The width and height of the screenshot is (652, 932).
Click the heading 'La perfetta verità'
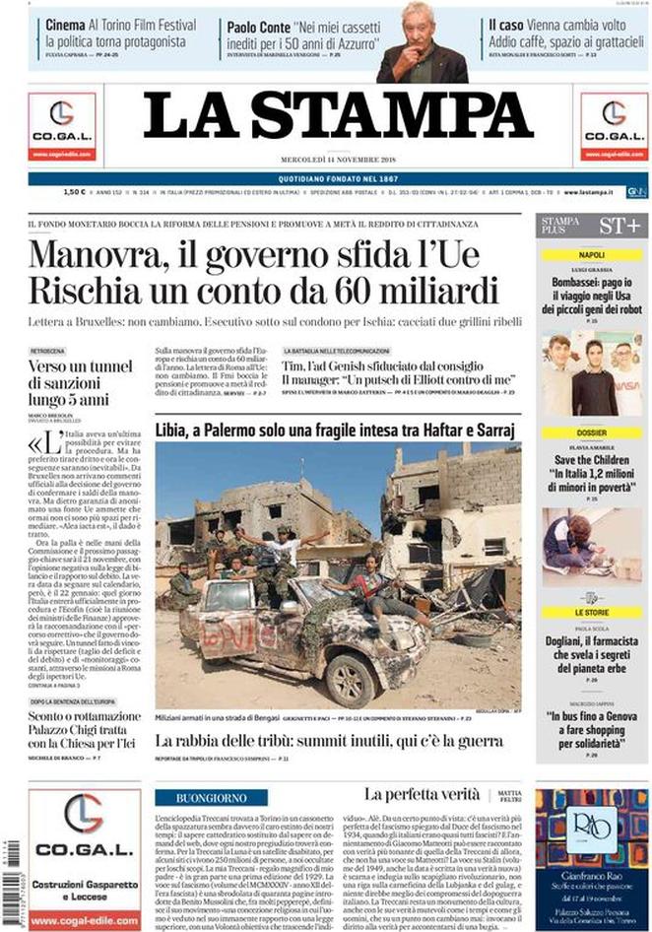click(421, 794)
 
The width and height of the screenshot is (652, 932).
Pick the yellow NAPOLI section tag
click(592, 254)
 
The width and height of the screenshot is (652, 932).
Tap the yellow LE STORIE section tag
click(592, 612)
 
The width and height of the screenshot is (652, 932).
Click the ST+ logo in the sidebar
click(620, 227)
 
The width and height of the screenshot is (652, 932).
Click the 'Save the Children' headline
click(592, 458)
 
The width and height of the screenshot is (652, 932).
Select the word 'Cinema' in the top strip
click(65, 25)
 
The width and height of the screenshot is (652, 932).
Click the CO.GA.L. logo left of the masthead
click(62, 124)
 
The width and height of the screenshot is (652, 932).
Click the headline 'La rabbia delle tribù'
click(329, 741)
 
